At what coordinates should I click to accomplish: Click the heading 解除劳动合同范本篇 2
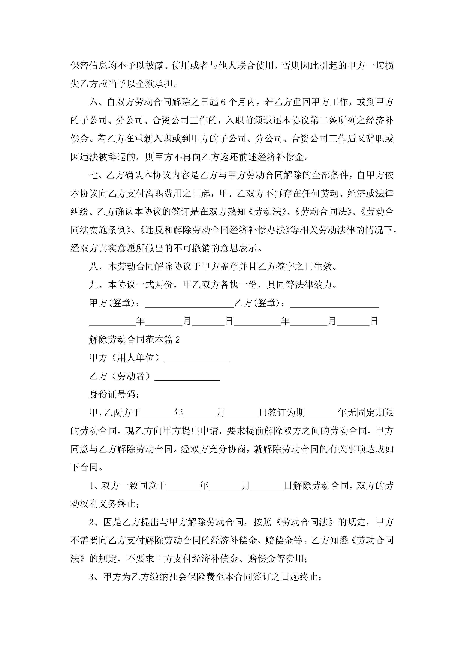134,340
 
